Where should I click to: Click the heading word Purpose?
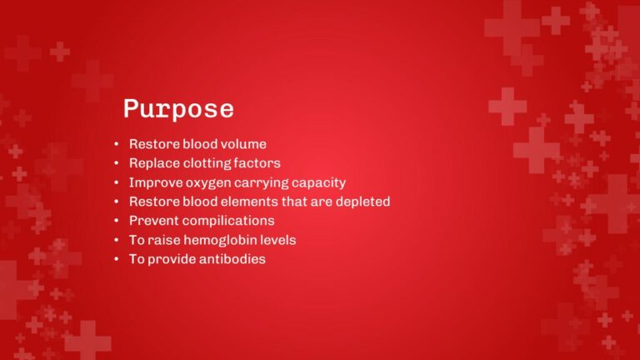[x=178, y=109]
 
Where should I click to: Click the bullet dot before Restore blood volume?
[x=117, y=145]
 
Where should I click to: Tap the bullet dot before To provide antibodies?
[x=117, y=260]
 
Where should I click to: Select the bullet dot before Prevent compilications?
[x=117, y=222]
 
